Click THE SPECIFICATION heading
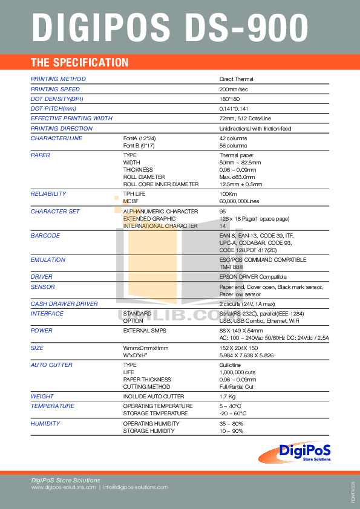click(79, 62)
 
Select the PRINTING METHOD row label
click(58, 79)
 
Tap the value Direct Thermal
click(236, 79)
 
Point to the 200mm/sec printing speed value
click(234, 89)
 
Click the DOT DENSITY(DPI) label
click(57, 99)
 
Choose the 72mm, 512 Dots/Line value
click(245, 118)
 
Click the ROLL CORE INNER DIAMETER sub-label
click(160, 184)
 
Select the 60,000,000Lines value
click(239, 201)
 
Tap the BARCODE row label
click(45, 236)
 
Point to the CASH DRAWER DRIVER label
click(64, 304)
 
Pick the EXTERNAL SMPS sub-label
click(145, 331)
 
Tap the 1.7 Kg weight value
click(227, 397)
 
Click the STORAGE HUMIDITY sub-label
click(149, 431)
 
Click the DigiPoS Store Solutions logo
click(305, 451)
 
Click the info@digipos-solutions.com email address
click(135, 487)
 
